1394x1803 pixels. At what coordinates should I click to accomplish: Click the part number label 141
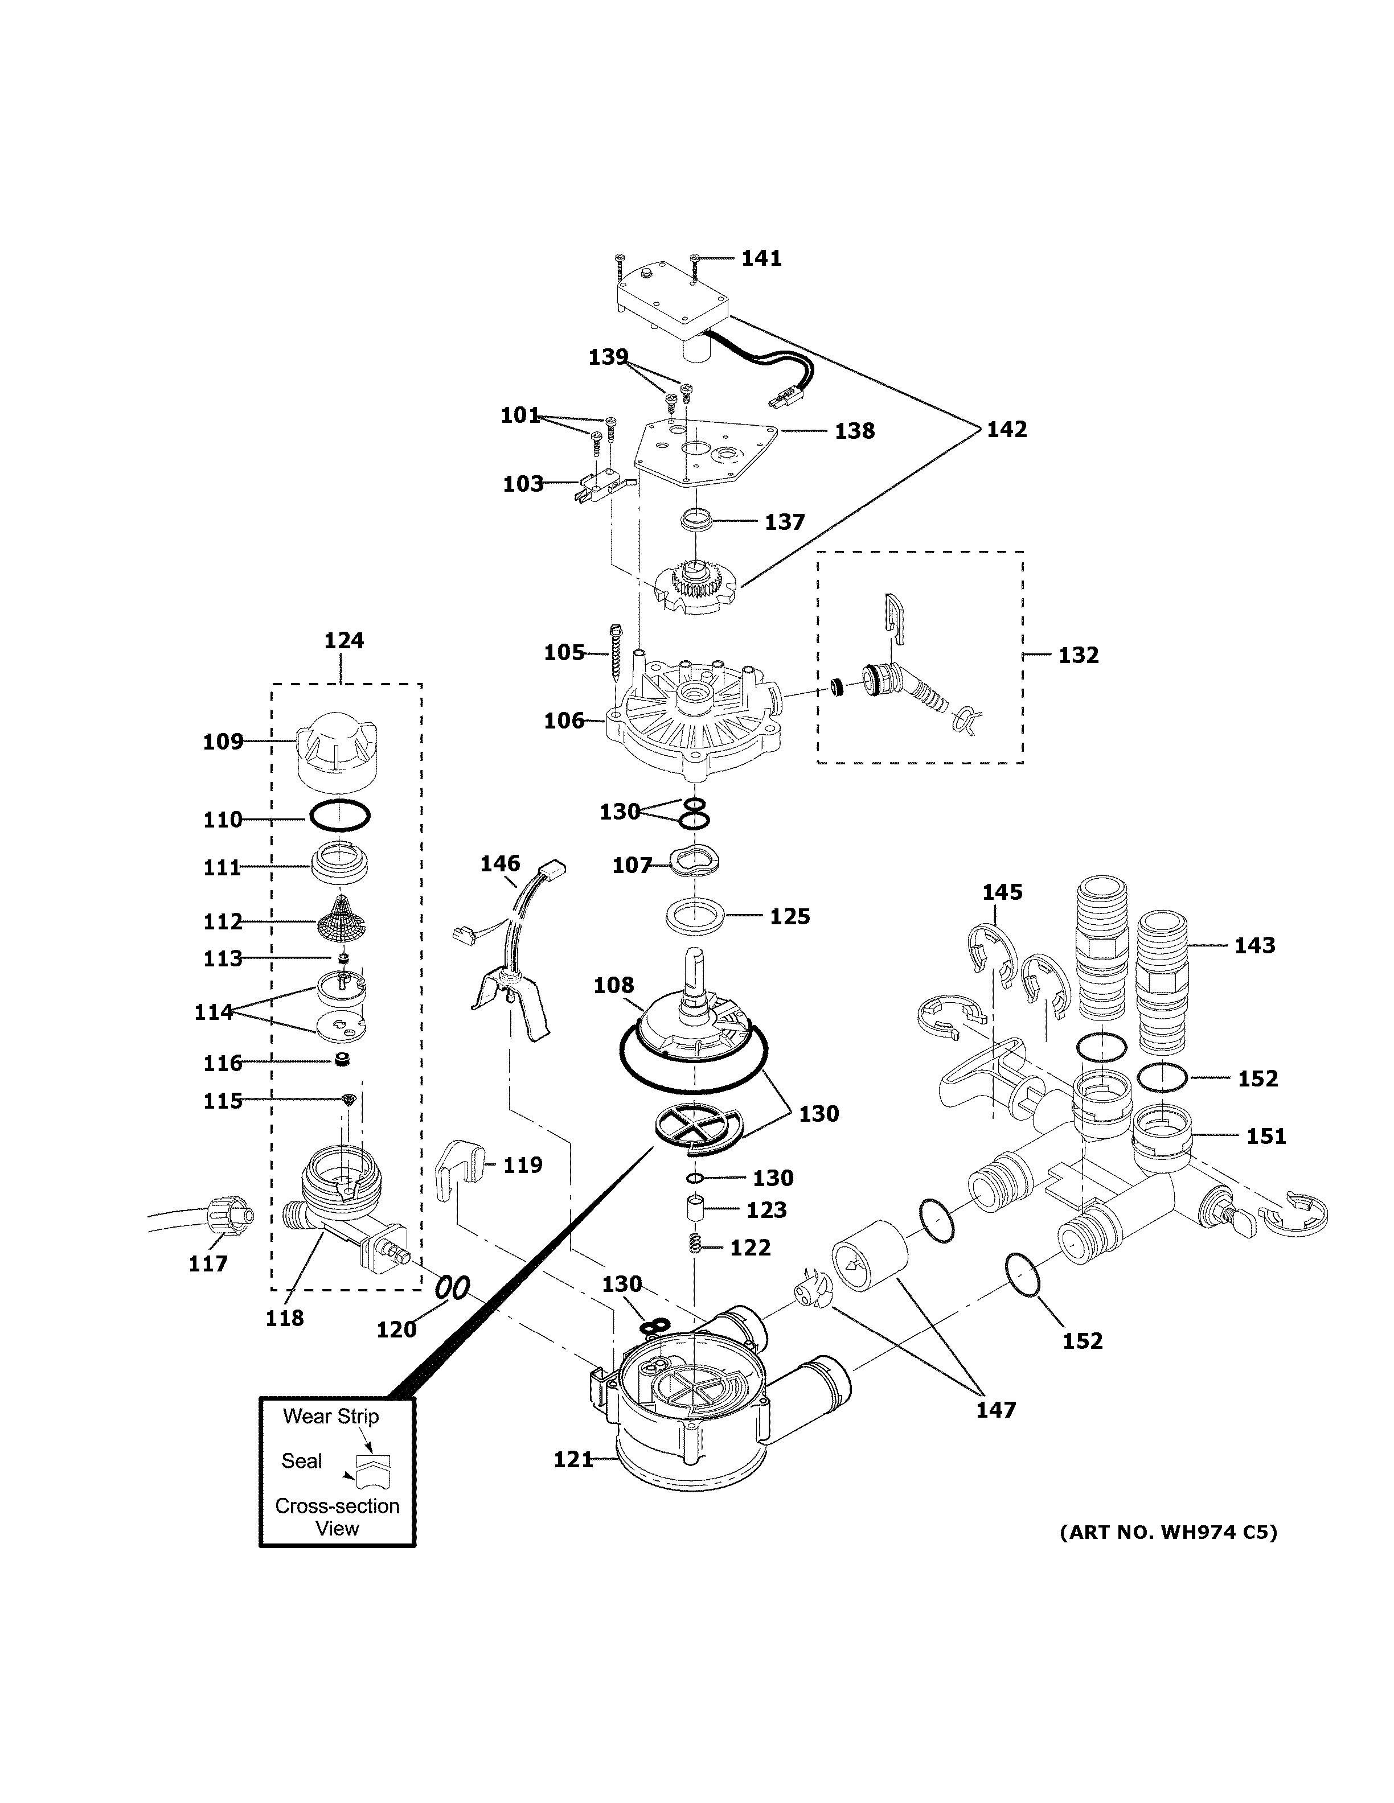(x=761, y=258)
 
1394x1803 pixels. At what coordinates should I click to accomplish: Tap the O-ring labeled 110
(x=339, y=817)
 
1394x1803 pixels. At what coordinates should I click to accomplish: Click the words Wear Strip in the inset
(x=331, y=1417)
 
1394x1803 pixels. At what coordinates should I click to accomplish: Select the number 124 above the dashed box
(x=343, y=641)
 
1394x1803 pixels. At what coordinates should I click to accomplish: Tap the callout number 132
(x=1078, y=656)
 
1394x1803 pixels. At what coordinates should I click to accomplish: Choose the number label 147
(x=995, y=1410)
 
